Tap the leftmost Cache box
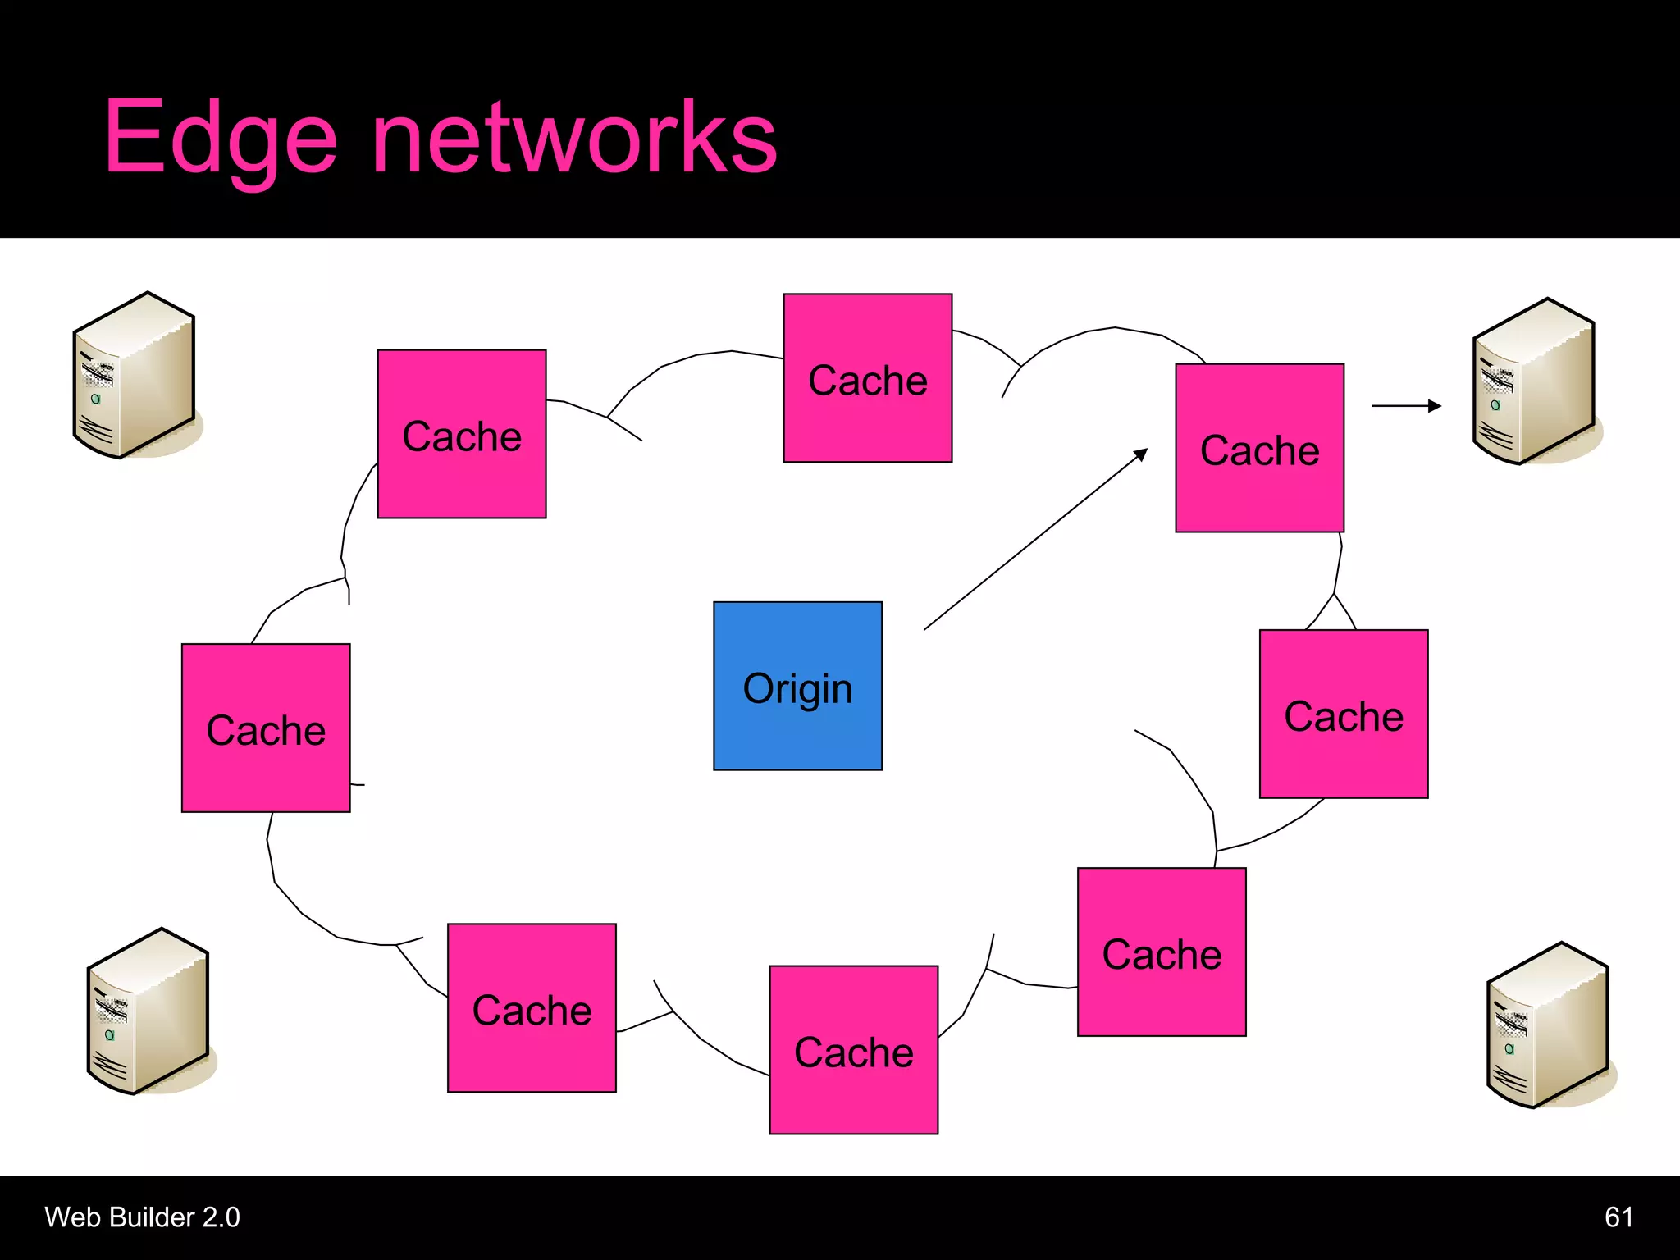pos(266,728)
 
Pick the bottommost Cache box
pos(853,1049)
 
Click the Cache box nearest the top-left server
pos(461,434)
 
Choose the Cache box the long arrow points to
pos(1259,448)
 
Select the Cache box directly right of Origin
pos(1343,714)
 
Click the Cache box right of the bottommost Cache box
pos(1161,952)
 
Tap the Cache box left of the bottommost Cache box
pos(532,1007)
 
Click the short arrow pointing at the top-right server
pos(1405,405)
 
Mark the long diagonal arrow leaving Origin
pos(1035,539)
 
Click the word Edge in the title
pos(221,138)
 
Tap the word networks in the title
pos(574,138)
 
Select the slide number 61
pos(1618,1217)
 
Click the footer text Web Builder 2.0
pos(142,1217)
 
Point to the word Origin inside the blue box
pos(797,688)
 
